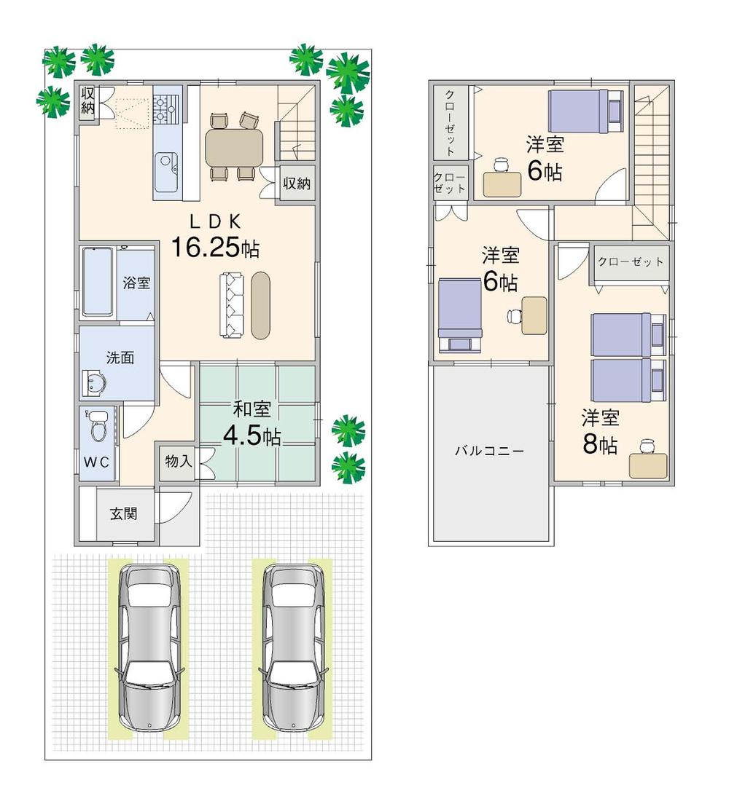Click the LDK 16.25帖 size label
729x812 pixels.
pyautogui.click(x=214, y=248)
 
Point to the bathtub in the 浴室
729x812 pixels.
pyautogui.click(x=96, y=283)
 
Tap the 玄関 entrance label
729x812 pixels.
pyautogui.click(x=125, y=513)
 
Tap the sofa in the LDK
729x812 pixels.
pyautogui.click(x=233, y=305)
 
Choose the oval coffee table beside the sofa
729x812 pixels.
pyautogui.click(x=260, y=305)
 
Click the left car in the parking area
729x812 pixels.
pyautogui.click(x=150, y=647)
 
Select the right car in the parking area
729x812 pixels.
pyautogui.click(x=295, y=647)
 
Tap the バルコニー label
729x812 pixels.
pyautogui.click(x=489, y=451)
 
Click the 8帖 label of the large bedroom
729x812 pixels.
pyautogui.click(x=600, y=444)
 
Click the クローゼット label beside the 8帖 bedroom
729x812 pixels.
pyautogui.click(x=631, y=261)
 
